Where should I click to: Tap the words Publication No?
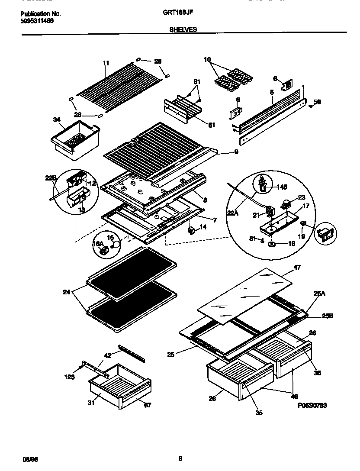pyautogui.click(x=41, y=13)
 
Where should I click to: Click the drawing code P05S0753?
pyautogui.click(x=312, y=406)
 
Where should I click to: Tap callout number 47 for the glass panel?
pyautogui.click(x=297, y=268)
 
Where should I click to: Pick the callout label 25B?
pyautogui.click(x=328, y=316)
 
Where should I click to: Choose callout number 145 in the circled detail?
pyautogui.click(x=281, y=187)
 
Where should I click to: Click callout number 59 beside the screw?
pyautogui.click(x=317, y=102)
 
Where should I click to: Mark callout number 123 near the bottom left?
pyautogui.click(x=70, y=377)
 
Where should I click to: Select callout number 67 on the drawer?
pyautogui.click(x=148, y=405)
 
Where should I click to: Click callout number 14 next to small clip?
pyautogui.click(x=203, y=227)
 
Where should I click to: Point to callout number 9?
pyautogui.click(x=236, y=152)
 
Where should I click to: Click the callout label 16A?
pyautogui.click(x=97, y=244)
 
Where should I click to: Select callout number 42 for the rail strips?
pyautogui.click(x=107, y=355)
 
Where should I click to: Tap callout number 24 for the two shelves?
pyautogui.click(x=66, y=292)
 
